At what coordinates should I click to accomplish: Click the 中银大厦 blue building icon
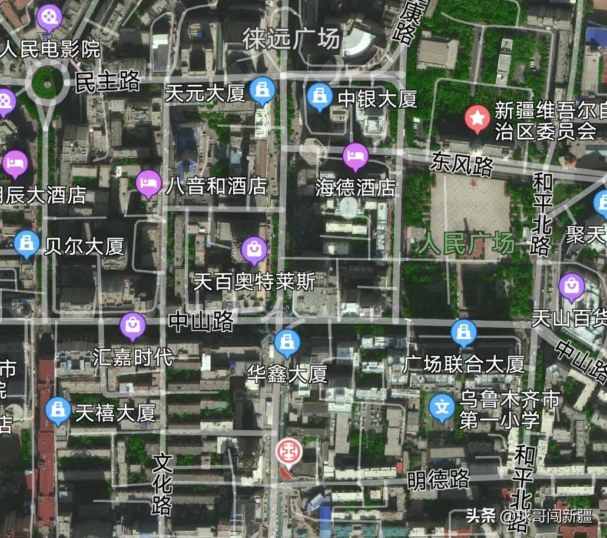click(320, 96)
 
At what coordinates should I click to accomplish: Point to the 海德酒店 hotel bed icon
click(356, 157)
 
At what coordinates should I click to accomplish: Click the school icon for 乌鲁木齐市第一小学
click(442, 407)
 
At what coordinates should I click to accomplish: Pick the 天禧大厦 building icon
click(58, 410)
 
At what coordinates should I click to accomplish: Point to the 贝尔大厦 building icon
click(26, 244)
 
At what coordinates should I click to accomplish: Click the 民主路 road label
click(108, 82)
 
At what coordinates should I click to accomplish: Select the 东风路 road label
click(462, 164)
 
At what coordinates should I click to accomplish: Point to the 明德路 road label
click(438, 480)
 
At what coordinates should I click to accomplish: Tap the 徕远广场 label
click(292, 39)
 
